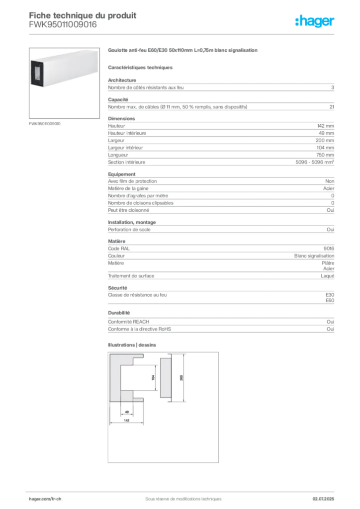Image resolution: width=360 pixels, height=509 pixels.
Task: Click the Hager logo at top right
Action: (x=314, y=21)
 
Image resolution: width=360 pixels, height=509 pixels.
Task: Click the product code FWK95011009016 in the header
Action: (x=63, y=25)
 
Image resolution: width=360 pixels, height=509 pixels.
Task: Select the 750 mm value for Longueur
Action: (x=325, y=155)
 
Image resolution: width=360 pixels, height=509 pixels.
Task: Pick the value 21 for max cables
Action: (x=332, y=107)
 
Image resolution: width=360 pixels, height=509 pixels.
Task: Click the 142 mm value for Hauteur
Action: (x=326, y=126)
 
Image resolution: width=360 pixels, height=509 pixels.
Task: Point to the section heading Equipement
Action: (x=122, y=174)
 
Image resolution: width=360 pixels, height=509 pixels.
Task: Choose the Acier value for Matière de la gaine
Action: (x=329, y=188)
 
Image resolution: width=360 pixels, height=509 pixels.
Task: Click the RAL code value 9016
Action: (x=329, y=249)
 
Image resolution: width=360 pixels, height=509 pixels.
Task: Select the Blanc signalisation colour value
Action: (x=314, y=256)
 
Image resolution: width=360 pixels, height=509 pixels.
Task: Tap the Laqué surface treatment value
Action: (x=327, y=276)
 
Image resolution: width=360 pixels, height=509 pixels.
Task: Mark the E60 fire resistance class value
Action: (x=330, y=301)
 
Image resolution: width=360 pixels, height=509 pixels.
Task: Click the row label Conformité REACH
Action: (x=129, y=322)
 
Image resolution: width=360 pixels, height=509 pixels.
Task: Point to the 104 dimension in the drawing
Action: (x=153, y=378)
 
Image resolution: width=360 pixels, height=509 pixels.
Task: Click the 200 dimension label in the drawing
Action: (x=181, y=378)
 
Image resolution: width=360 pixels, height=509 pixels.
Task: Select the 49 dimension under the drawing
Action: (x=127, y=412)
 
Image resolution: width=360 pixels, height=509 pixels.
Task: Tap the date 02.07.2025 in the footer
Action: (x=323, y=499)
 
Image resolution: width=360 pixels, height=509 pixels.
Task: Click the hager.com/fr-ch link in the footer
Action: (x=45, y=499)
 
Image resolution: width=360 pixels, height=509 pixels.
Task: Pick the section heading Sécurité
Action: (x=117, y=288)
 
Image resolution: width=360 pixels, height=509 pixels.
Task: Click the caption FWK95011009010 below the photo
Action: (x=44, y=124)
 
